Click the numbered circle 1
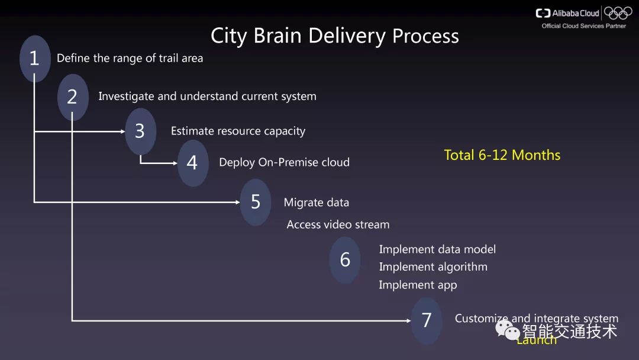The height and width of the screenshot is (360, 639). click(34, 58)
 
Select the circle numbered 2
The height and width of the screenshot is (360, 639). click(72, 97)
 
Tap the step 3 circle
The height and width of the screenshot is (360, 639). click(140, 131)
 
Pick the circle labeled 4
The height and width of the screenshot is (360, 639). click(192, 162)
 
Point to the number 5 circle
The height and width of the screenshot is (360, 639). click(256, 202)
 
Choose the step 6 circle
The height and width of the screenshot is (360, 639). click(345, 259)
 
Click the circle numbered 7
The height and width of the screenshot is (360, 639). click(427, 320)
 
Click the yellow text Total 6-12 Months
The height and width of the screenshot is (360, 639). click(502, 155)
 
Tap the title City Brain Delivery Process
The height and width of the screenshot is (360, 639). click(334, 36)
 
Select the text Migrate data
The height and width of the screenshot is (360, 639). click(316, 202)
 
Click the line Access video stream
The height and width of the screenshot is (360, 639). click(338, 224)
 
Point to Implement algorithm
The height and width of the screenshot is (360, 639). click(433, 267)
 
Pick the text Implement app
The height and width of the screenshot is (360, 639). click(418, 285)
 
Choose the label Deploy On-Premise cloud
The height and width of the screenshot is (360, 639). click(284, 162)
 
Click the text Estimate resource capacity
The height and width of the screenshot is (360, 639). click(238, 131)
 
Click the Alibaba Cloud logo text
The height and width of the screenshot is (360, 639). click(567, 13)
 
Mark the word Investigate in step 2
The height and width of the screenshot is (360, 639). click(125, 97)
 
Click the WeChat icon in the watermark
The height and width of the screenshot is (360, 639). click(508, 330)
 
